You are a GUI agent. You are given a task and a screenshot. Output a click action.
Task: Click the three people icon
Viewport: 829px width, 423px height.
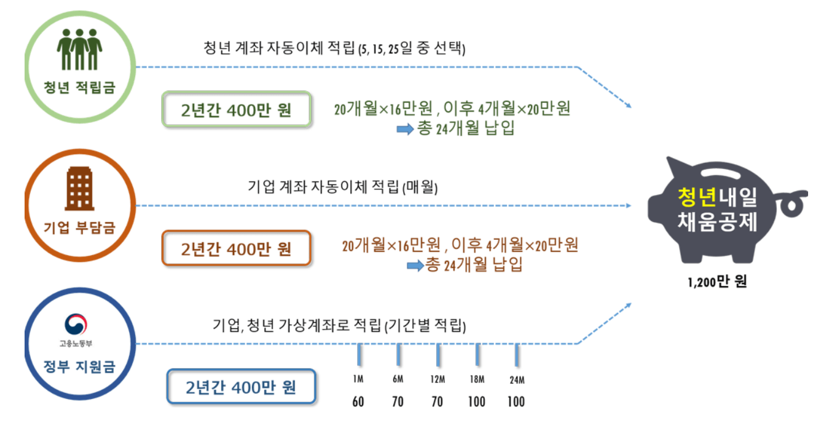(79, 49)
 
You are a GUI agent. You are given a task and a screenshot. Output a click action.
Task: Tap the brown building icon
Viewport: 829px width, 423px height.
(79, 189)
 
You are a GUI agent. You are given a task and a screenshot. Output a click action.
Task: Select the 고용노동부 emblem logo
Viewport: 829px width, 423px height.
(76, 324)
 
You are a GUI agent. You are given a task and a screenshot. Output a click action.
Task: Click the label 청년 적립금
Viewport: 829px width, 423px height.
(79, 87)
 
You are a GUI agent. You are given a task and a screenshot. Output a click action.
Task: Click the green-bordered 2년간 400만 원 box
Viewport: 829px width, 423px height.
(236, 111)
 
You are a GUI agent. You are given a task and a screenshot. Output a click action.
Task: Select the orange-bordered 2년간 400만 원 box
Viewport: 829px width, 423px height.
(236, 249)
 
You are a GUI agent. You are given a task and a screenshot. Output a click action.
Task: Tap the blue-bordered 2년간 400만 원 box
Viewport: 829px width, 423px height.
(241, 387)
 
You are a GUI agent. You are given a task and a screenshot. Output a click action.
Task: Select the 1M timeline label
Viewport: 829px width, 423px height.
(358, 379)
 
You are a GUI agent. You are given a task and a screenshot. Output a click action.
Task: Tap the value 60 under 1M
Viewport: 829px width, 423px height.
(358, 402)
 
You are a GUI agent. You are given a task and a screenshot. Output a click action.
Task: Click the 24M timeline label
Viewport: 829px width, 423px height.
(516, 380)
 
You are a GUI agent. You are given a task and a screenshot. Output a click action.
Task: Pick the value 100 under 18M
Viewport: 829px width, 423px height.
(476, 402)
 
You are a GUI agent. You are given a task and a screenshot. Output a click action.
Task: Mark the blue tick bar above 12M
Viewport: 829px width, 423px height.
(438, 355)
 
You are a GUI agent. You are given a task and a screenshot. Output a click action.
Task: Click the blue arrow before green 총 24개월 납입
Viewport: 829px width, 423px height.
(405, 129)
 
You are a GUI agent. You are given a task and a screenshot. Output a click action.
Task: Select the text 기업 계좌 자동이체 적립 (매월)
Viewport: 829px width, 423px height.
(343, 186)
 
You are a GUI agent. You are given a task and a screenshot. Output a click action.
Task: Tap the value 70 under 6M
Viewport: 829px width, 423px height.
(398, 402)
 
